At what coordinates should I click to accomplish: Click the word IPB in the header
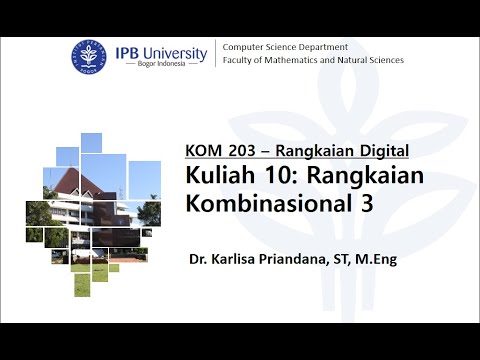pos(130,51)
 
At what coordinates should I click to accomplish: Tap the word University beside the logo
pos(177,51)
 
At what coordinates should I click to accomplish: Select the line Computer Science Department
pos(285,47)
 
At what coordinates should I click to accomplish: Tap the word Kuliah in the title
pos(216,175)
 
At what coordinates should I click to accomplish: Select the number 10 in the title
pos(262,175)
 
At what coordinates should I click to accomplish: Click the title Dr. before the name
pos(198,260)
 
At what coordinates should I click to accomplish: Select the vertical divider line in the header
pos(216,54)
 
